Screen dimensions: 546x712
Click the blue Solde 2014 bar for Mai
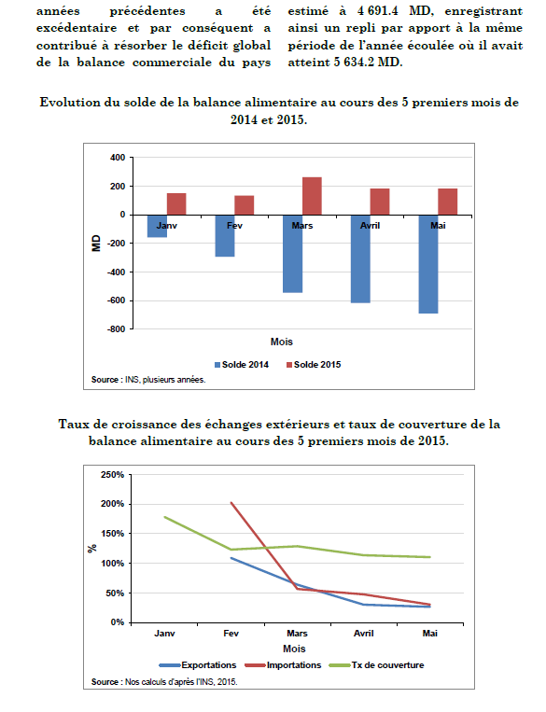click(x=428, y=264)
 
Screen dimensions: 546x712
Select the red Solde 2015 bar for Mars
click(x=312, y=196)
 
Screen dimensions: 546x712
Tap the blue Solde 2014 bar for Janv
click(x=157, y=226)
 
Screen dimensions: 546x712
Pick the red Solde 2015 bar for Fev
click(x=245, y=205)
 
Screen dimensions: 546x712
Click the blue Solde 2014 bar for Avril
click(x=360, y=258)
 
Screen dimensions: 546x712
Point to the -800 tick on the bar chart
click(x=117, y=329)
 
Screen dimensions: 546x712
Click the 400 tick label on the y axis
click(x=118, y=158)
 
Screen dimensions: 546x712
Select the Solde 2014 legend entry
click(x=242, y=365)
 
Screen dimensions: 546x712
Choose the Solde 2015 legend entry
click(x=314, y=365)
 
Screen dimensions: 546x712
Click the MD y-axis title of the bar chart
click(x=96, y=244)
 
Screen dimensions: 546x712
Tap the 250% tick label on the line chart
click(x=112, y=475)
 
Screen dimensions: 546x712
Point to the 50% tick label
click(x=115, y=593)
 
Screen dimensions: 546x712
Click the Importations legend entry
click(x=283, y=665)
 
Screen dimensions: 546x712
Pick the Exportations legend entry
click(x=198, y=665)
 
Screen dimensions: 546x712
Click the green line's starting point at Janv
click(x=164, y=517)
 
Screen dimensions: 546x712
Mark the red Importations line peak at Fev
click(x=231, y=503)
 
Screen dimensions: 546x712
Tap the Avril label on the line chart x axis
click(x=363, y=634)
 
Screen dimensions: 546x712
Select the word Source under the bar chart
click(x=105, y=380)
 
